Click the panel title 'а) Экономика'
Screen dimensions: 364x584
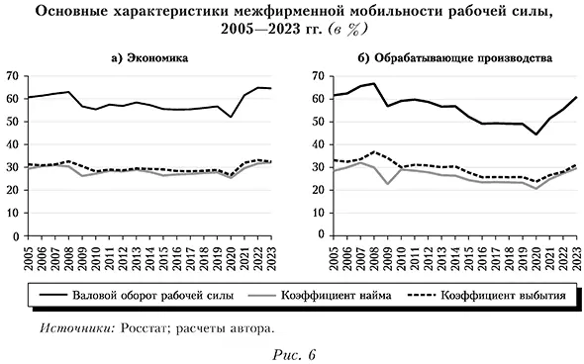[x=149, y=58]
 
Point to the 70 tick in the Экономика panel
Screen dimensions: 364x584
[x=14, y=76]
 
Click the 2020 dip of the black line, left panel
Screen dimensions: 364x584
[x=232, y=118]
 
